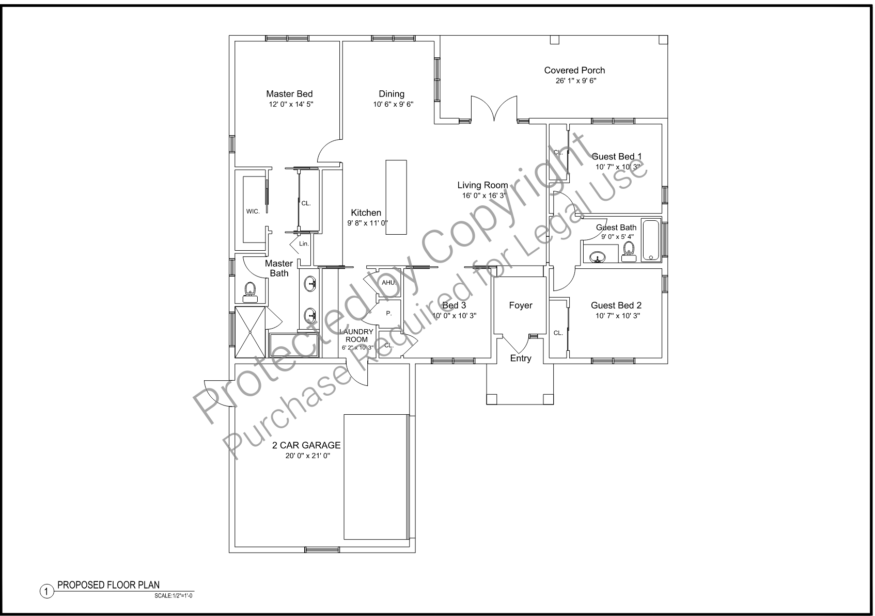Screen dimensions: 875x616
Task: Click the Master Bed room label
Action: point(289,94)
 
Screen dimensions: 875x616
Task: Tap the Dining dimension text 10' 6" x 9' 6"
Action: point(393,104)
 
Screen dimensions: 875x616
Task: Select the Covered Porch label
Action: point(574,70)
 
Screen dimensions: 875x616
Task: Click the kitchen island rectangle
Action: point(396,197)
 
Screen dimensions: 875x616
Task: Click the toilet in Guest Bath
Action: point(629,251)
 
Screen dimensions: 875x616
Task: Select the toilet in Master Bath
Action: point(250,292)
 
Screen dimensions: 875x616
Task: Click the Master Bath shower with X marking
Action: point(250,332)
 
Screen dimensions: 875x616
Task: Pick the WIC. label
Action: point(253,212)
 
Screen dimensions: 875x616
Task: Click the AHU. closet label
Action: point(388,282)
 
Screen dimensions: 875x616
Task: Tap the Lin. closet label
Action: point(304,244)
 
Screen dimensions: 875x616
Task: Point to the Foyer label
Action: point(520,305)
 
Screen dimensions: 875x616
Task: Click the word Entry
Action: point(520,358)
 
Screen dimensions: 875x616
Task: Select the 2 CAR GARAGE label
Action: point(306,445)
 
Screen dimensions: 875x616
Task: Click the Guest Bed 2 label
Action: point(616,305)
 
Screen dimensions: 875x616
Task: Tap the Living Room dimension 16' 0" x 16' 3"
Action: point(484,196)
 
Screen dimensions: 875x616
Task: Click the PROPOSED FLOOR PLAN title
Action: point(108,585)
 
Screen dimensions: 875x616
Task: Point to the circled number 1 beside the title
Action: point(46,592)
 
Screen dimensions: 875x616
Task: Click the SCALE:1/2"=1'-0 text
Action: point(174,596)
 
